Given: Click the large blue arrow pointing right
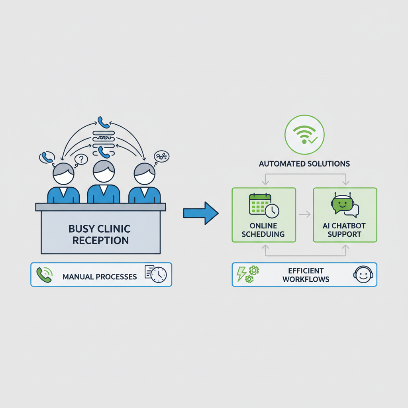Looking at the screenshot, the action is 201,213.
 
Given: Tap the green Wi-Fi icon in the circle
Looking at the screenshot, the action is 304,135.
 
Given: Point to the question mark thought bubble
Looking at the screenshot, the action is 81,159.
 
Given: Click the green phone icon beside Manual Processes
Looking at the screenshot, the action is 45,275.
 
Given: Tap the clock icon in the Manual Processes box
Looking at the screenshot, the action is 159,275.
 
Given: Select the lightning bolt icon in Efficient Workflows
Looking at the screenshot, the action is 241,274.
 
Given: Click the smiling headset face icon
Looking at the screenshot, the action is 363,275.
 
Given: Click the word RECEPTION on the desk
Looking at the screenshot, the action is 100,240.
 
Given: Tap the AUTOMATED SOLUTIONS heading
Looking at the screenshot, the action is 304,164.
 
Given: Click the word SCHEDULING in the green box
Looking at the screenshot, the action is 263,234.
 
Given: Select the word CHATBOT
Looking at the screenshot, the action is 348,226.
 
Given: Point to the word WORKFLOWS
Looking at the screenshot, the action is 306,279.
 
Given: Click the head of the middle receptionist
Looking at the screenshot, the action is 104,171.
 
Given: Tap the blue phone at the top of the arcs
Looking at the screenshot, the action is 104,122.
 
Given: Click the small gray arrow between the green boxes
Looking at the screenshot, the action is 304,214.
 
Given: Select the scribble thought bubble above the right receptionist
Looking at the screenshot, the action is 162,157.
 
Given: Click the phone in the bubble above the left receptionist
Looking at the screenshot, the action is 47,157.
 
